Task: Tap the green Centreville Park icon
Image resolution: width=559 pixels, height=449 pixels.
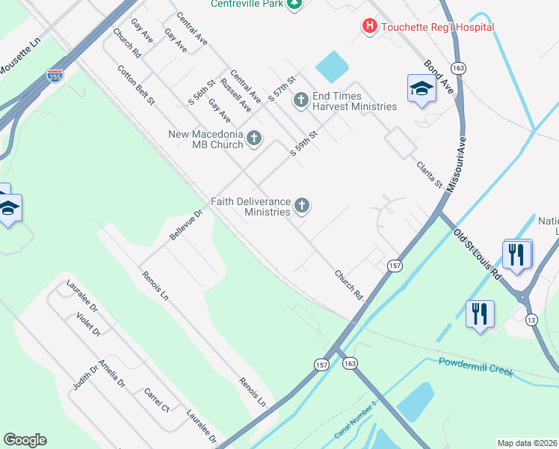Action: (295, 4)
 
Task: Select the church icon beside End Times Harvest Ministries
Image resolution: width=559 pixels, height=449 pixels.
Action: (301, 100)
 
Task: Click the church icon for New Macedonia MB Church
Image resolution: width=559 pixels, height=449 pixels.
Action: (254, 138)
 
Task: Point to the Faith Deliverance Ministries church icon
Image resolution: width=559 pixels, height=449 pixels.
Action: (302, 205)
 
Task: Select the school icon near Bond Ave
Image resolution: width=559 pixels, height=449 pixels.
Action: (421, 90)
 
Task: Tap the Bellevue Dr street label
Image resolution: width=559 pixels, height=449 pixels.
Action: (185, 224)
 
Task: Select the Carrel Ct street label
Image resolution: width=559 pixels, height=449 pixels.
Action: (157, 400)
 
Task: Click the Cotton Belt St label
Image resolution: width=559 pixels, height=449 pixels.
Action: (135, 84)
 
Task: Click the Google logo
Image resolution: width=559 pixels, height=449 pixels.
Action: (25, 440)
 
